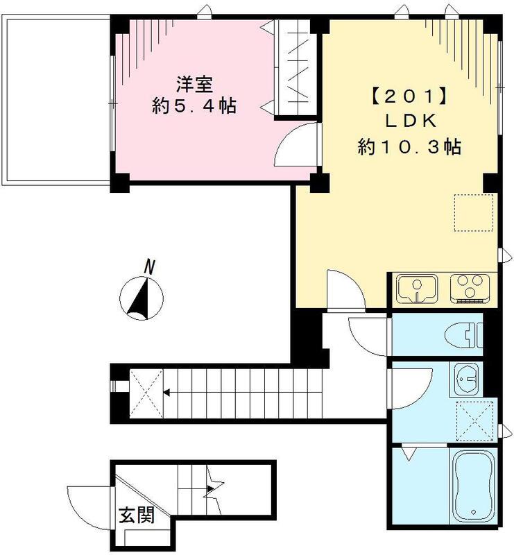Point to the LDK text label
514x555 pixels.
[x=409, y=121]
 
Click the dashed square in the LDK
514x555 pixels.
[x=474, y=212]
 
